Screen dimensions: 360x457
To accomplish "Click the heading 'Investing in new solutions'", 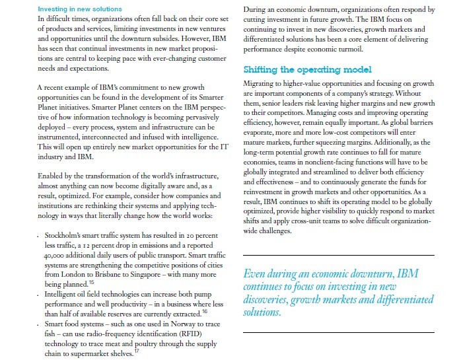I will [79, 9].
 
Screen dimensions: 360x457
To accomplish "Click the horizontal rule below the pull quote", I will [339, 328].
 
